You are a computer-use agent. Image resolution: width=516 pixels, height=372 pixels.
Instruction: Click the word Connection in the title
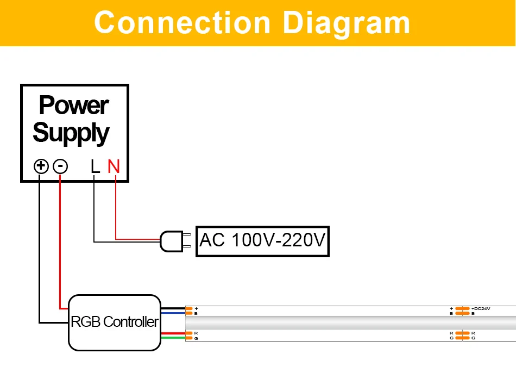pos(182,23)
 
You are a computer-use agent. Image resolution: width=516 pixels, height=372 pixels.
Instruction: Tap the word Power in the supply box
pos(74,106)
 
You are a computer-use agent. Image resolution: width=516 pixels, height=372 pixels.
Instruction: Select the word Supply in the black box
pos(71,133)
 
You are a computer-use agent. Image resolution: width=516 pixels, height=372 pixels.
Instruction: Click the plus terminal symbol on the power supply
pos(41,166)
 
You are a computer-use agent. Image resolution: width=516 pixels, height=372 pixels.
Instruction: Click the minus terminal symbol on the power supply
pos(60,166)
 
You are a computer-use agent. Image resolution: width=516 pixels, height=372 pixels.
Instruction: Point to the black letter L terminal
pos(95,166)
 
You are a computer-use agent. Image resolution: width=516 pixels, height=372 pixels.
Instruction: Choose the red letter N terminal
pos(113,166)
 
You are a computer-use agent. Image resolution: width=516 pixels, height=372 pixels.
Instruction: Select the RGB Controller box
pos(115,321)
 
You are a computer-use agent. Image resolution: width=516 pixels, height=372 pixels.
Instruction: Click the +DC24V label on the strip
pos(481,309)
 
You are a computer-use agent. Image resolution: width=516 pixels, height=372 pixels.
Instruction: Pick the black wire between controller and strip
pos(173,308)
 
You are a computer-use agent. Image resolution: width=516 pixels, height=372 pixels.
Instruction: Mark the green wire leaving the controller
pos(173,338)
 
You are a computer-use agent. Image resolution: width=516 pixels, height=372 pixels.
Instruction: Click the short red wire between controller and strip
pos(173,333)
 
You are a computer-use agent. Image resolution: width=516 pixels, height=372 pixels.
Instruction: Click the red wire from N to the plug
pos(116,212)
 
